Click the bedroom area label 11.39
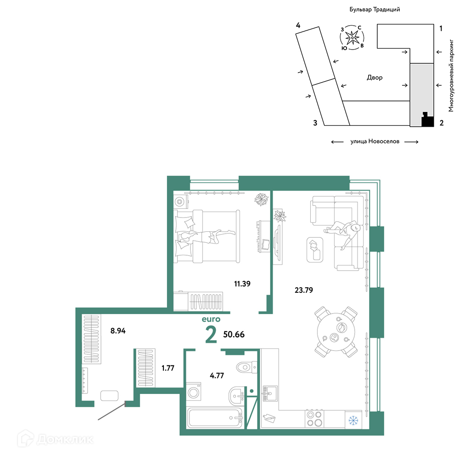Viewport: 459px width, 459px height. pyautogui.click(x=242, y=284)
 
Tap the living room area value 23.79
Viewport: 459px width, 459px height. pyautogui.click(x=303, y=290)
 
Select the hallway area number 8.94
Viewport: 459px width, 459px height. pyautogui.click(x=118, y=331)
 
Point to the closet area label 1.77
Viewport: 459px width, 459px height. pyautogui.click(x=168, y=368)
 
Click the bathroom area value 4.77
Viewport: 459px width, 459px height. pyautogui.click(x=217, y=375)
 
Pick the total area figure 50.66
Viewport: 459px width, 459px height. pyautogui.click(x=234, y=334)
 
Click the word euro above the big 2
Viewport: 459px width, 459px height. pyautogui.click(x=211, y=319)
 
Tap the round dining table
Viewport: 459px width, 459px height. pyautogui.click(x=336, y=332)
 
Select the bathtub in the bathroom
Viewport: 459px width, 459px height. pyautogui.click(x=215, y=418)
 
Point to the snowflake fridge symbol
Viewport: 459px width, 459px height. pyautogui.click(x=353, y=420)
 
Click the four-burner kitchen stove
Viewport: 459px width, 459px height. pyautogui.click(x=314, y=419)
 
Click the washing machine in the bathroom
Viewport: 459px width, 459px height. pyautogui.click(x=194, y=392)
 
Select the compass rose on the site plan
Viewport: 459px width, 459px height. pyautogui.click(x=352, y=38)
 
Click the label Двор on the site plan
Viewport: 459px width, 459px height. pyautogui.click(x=375, y=78)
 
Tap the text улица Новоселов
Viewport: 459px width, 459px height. pyautogui.click(x=375, y=141)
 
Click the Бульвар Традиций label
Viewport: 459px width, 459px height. pyautogui.click(x=375, y=9)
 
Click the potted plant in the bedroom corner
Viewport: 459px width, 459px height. pyautogui.click(x=261, y=199)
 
